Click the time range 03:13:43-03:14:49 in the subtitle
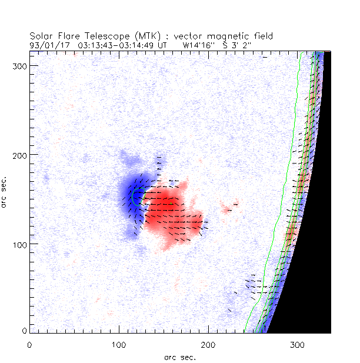[x=118, y=44]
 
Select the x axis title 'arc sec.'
[x=181, y=357]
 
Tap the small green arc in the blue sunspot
[x=135, y=197]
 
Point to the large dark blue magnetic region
[x=126, y=200]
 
